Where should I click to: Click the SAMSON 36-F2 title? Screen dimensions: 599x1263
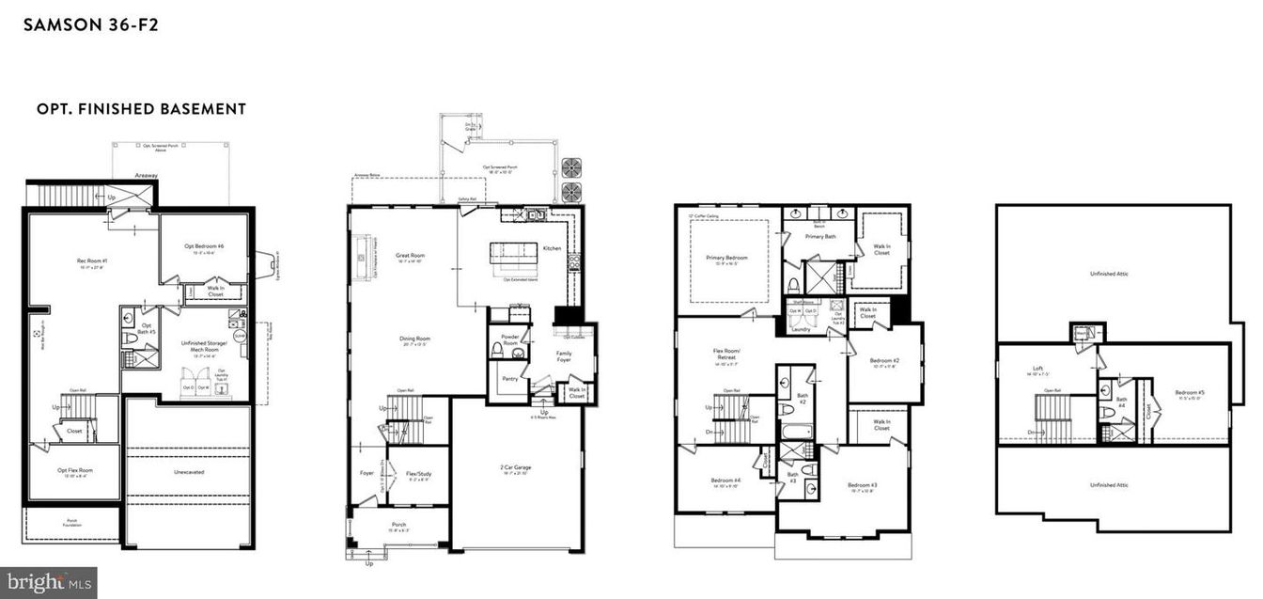(x=90, y=24)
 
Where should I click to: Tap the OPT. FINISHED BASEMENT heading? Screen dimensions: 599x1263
(x=141, y=109)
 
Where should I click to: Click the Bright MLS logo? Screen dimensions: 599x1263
(x=49, y=583)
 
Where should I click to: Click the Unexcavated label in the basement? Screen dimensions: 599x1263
(x=189, y=473)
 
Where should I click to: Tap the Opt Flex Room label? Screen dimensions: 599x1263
(x=74, y=470)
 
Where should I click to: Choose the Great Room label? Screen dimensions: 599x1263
(x=411, y=255)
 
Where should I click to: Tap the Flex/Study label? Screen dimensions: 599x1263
(x=418, y=474)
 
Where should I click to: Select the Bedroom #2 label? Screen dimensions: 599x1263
(x=884, y=361)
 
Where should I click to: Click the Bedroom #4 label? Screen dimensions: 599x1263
(x=725, y=481)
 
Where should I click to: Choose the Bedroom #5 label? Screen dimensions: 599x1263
(x=1189, y=392)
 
